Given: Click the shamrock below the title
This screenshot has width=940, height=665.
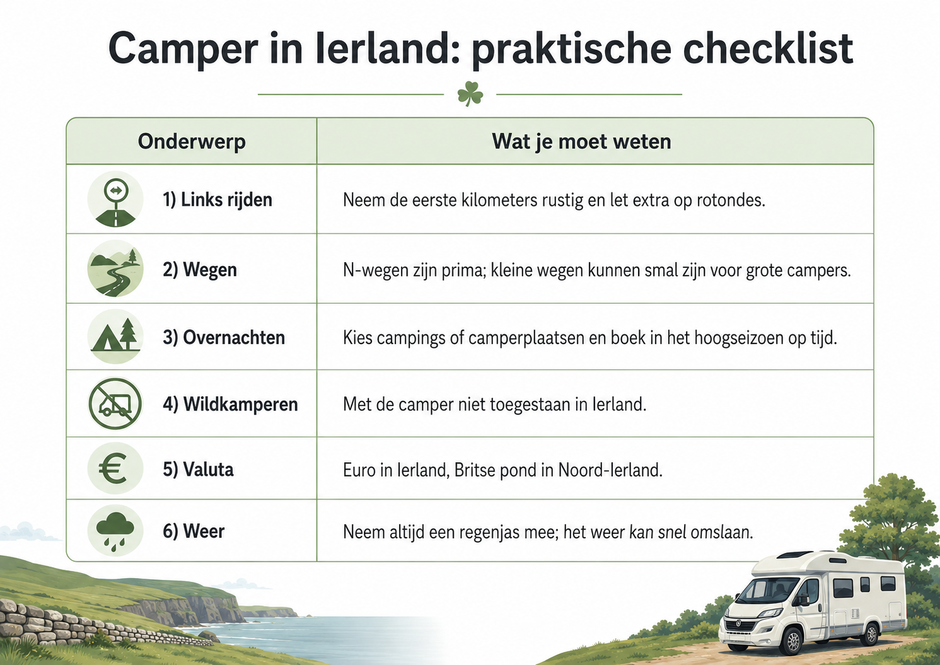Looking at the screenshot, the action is [470, 93].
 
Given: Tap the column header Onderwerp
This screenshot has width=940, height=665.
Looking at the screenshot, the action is [192, 141].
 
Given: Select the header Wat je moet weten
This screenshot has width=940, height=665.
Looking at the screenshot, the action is [581, 141].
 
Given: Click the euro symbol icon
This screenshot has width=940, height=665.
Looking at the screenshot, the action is [115, 468].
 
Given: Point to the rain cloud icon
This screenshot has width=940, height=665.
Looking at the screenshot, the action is [115, 531].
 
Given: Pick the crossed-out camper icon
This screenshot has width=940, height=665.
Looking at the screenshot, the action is [115, 403].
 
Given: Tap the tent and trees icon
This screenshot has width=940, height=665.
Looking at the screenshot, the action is [115, 336].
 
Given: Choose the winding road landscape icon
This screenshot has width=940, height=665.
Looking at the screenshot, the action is [115, 269].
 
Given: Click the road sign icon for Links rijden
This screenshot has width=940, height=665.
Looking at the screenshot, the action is [115, 199].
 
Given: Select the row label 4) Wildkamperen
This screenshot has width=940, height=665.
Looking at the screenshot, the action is [230, 405].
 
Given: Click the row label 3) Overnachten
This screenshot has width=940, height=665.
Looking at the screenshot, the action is [224, 337].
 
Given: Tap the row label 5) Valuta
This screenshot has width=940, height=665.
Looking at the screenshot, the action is [198, 469].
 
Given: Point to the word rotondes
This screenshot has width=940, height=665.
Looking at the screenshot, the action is [731, 200].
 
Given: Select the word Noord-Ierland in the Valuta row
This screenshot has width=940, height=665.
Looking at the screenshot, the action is [610, 470].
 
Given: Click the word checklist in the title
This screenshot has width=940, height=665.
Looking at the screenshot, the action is [768, 49].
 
